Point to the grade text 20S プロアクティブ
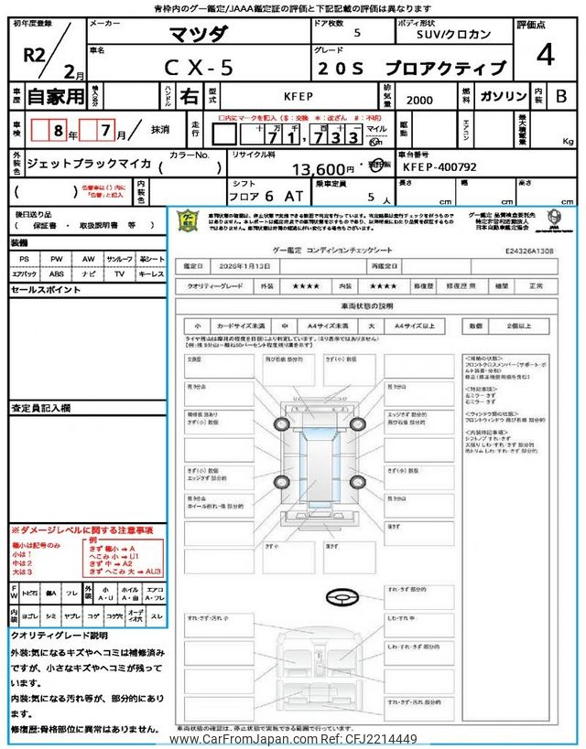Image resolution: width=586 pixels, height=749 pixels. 412,68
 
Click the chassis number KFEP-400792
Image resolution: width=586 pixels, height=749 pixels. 439,168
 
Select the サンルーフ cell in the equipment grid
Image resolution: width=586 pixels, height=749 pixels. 119,259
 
